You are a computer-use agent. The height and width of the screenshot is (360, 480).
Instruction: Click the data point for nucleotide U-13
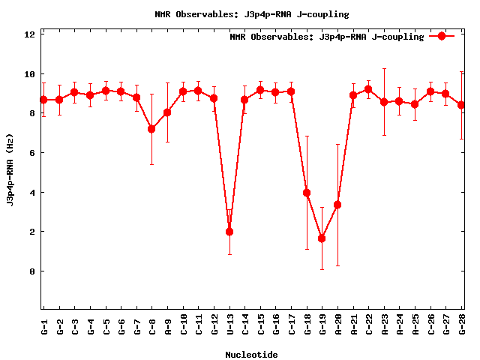pos(229,232)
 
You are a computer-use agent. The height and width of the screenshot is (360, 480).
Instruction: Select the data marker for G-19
pos(322,238)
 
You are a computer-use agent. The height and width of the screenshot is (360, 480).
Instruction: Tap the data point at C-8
pos(151,129)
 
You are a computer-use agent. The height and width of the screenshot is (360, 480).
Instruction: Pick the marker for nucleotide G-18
pos(307,193)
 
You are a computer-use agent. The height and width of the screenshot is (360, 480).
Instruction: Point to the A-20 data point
pos(337,205)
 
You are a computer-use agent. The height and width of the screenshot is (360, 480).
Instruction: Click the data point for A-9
pos(167,112)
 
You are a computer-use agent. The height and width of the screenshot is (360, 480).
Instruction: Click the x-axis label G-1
pos(44,326)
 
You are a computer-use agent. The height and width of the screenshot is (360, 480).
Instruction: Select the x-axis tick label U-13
pos(229,326)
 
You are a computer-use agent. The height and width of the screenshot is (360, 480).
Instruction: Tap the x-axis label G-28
pos(461,326)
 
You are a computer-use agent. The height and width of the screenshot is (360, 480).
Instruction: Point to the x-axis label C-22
pos(369,326)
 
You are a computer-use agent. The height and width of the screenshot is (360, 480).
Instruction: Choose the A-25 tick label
pos(415,326)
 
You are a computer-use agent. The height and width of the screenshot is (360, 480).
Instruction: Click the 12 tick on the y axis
pos(30,35)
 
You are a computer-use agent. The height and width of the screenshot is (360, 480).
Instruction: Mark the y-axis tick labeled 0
pos(32,271)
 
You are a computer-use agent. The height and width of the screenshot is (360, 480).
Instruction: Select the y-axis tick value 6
pos(32,153)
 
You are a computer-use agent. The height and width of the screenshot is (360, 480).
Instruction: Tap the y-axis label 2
pos(32,232)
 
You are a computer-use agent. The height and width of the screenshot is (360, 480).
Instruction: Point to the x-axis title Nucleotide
pos(251,355)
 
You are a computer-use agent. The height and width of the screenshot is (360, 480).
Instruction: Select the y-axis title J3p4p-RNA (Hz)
pos(10,172)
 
